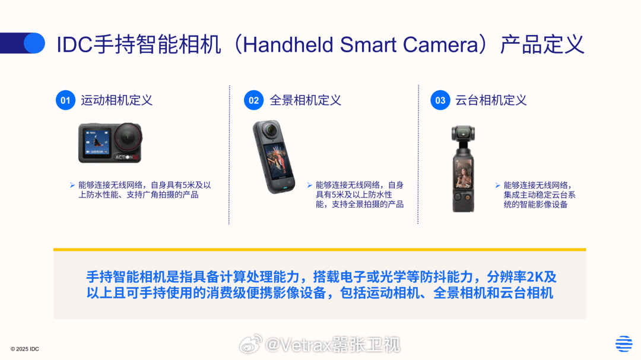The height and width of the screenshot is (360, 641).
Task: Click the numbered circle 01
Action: point(65,100)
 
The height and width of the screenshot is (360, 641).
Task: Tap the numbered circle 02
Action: point(254,100)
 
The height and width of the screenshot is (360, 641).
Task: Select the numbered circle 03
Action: point(440,100)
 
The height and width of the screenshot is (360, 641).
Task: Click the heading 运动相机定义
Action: point(116,100)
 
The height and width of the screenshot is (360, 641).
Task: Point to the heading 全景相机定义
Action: point(306,100)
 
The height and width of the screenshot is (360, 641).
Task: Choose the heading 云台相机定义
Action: point(491,100)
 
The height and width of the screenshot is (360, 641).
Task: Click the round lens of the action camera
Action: point(128,138)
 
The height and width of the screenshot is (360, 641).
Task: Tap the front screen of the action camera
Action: point(97,142)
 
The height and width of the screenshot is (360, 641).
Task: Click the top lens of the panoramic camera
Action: point(270,130)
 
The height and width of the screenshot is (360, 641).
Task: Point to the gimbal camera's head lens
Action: point(463,133)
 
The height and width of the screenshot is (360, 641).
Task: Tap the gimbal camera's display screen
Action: point(463,174)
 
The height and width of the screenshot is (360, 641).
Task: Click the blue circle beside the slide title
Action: point(34,43)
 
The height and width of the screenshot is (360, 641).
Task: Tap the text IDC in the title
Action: point(74,44)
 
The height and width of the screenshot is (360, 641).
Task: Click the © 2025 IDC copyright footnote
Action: point(24,349)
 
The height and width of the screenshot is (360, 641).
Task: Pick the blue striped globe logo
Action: point(624,343)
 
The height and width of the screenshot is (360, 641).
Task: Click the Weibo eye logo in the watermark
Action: point(250,344)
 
